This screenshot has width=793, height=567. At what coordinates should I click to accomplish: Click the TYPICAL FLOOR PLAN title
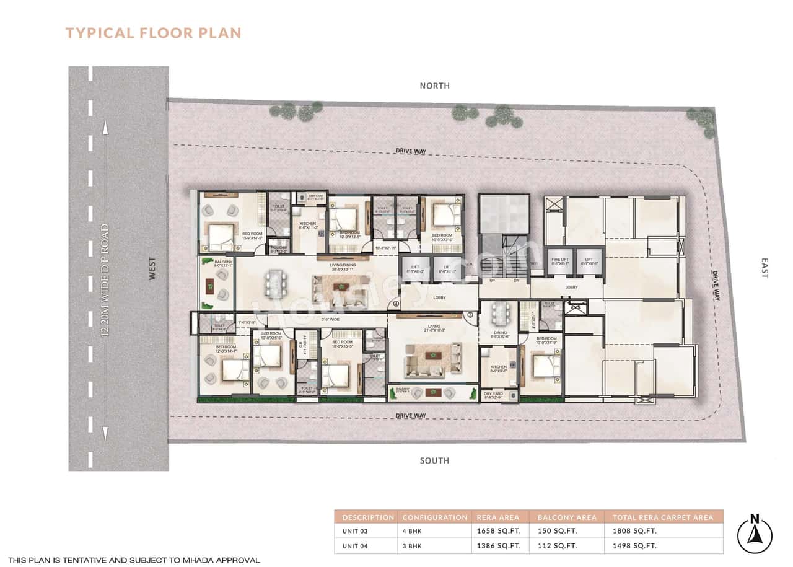[x=153, y=33]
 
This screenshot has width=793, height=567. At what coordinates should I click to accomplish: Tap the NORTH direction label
[x=434, y=86]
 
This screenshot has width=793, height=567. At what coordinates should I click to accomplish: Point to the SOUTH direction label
[x=434, y=460]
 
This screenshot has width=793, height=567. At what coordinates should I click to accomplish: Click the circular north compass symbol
[x=755, y=535]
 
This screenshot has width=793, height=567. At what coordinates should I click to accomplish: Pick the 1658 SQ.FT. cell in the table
[x=495, y=531]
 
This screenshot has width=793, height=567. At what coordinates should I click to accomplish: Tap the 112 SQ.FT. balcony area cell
[x=557, y=546]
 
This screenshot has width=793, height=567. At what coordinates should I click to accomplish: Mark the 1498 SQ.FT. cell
[x=634, y=546]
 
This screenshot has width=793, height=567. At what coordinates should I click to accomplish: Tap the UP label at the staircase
[x=492, y=280]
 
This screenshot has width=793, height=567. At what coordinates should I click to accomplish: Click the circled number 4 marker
[x=396, y=304]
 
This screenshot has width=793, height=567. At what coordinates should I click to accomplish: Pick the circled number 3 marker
[x=470, y=315]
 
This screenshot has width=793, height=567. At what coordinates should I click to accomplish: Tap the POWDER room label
[x=279, y=248]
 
